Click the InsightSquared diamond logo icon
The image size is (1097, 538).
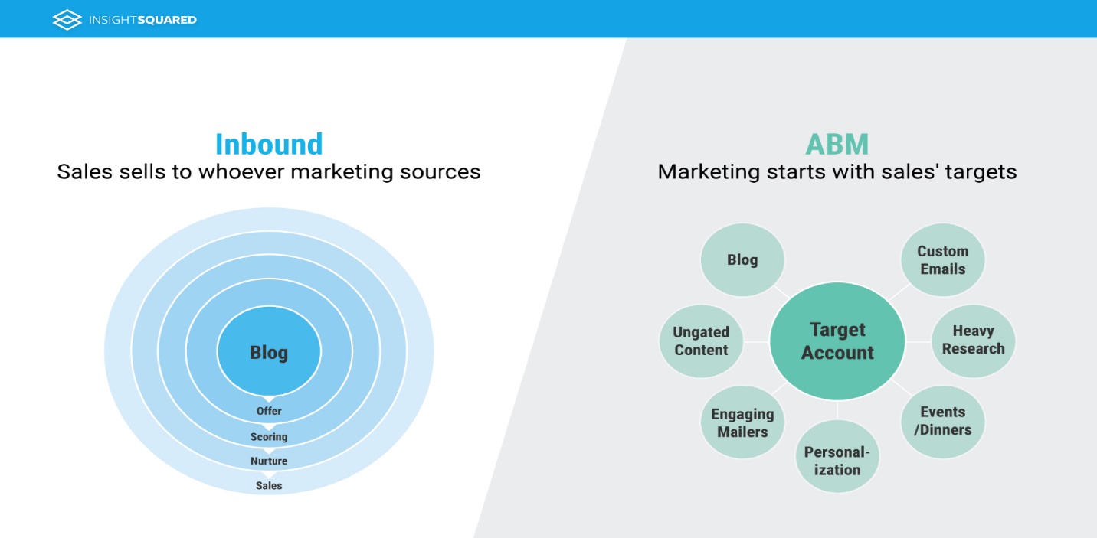click(67, 19)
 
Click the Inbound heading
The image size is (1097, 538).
click(269, 144)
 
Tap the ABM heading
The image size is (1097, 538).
click(837, 144)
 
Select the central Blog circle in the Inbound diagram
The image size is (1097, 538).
click(269, 353)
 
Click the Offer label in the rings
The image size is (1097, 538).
click(269, 412)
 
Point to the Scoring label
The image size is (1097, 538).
click(269, 437)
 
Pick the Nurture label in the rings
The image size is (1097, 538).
click(269, 461)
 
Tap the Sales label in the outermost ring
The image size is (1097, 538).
click(269, 486)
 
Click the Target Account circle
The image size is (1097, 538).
click(837, 341)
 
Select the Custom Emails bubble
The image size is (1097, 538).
click(942, 260)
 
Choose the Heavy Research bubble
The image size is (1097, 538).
click(973, 340)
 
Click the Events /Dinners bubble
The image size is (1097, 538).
click(942, 421)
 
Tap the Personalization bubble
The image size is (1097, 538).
click(837, 461)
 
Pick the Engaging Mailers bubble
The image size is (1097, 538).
click(742, 423)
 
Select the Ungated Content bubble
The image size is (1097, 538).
click(701, 341)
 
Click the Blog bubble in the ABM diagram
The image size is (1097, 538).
click(742, 260)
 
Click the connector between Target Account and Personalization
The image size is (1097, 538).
click(837, 409)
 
